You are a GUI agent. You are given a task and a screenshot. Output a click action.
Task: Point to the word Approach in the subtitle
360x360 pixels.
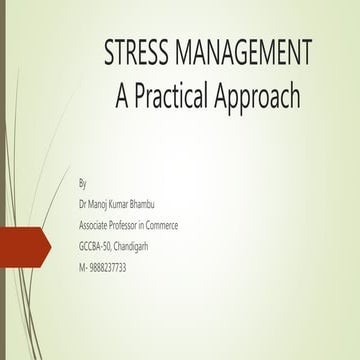(x=260, y=96)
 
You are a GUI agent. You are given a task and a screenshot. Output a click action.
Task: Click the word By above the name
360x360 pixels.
(x=82, y=184)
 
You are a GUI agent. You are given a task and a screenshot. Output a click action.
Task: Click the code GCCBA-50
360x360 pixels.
(x=98, y=247)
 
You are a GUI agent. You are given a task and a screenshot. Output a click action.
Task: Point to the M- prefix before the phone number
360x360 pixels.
(x=82, y=268)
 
